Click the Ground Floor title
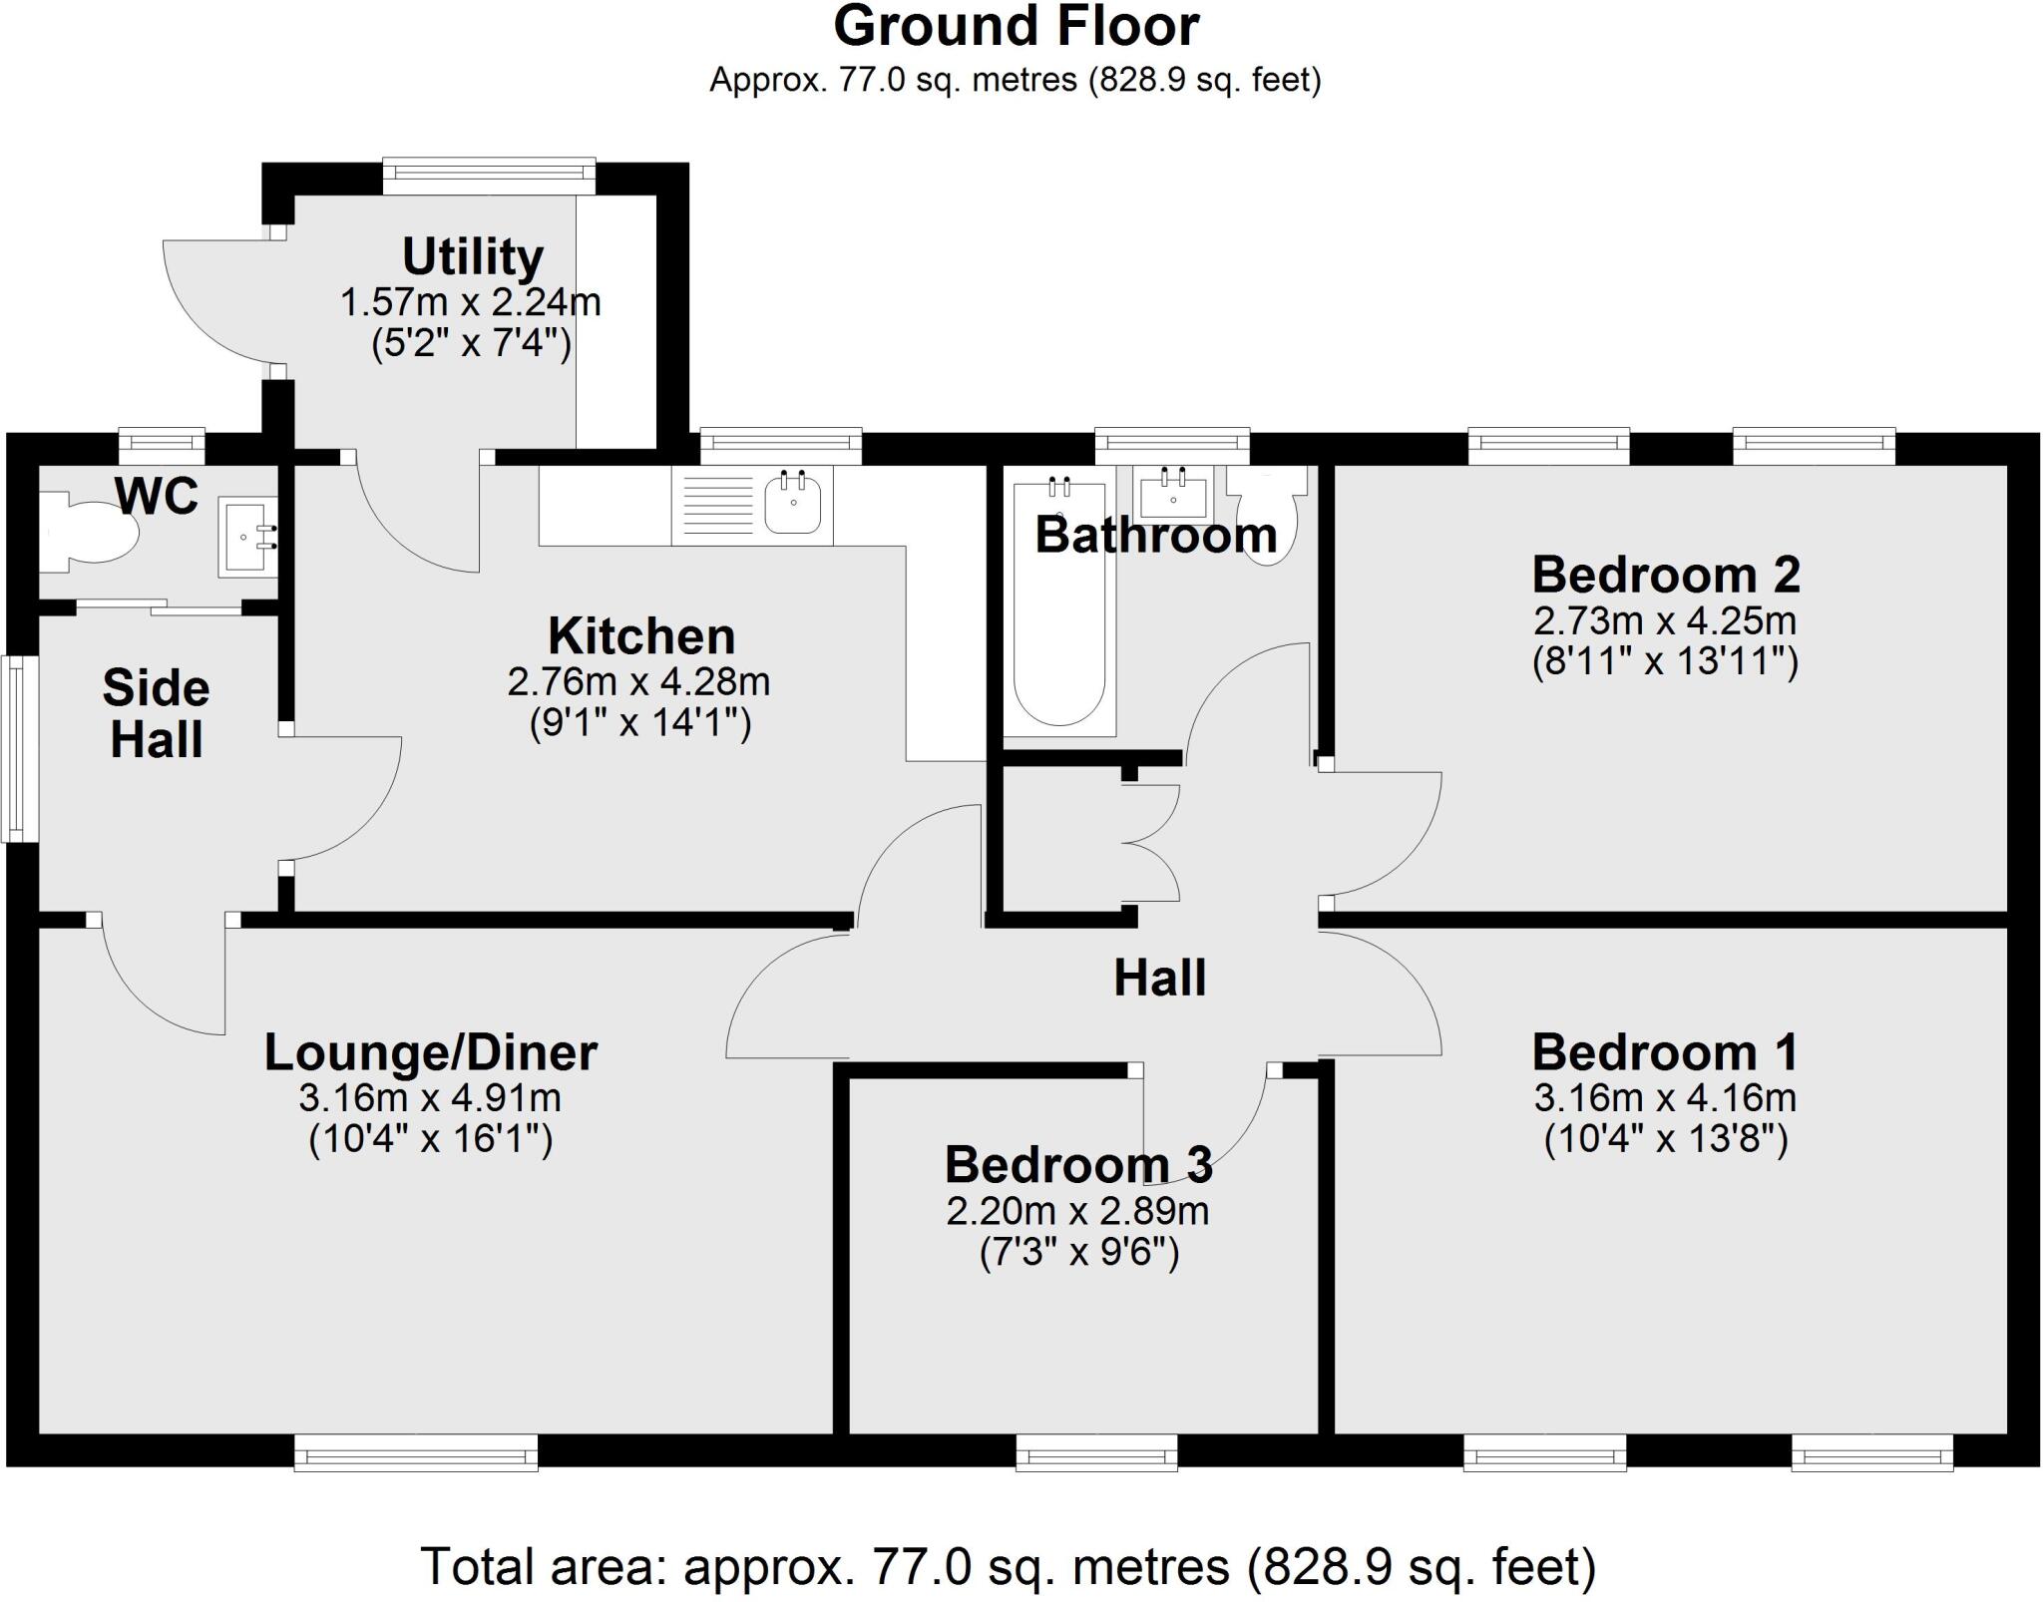click(1016, 27)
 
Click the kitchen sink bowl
click(793, 504)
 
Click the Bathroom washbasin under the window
click(1173, 493)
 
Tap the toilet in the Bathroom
click(1267, 514)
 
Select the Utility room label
click(472, 257)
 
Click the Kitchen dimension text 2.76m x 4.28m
click(638, 682)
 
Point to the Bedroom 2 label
click(1665, 576)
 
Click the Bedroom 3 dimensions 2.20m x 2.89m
click(1077, 1211)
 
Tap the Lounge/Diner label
click(430, 1052)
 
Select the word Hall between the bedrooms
click(1159, 978)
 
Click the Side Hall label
click(157, 713)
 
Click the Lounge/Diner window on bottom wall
click(416, 1452)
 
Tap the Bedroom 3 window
click(1096, 1452)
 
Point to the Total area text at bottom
click(1008, 1566)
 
